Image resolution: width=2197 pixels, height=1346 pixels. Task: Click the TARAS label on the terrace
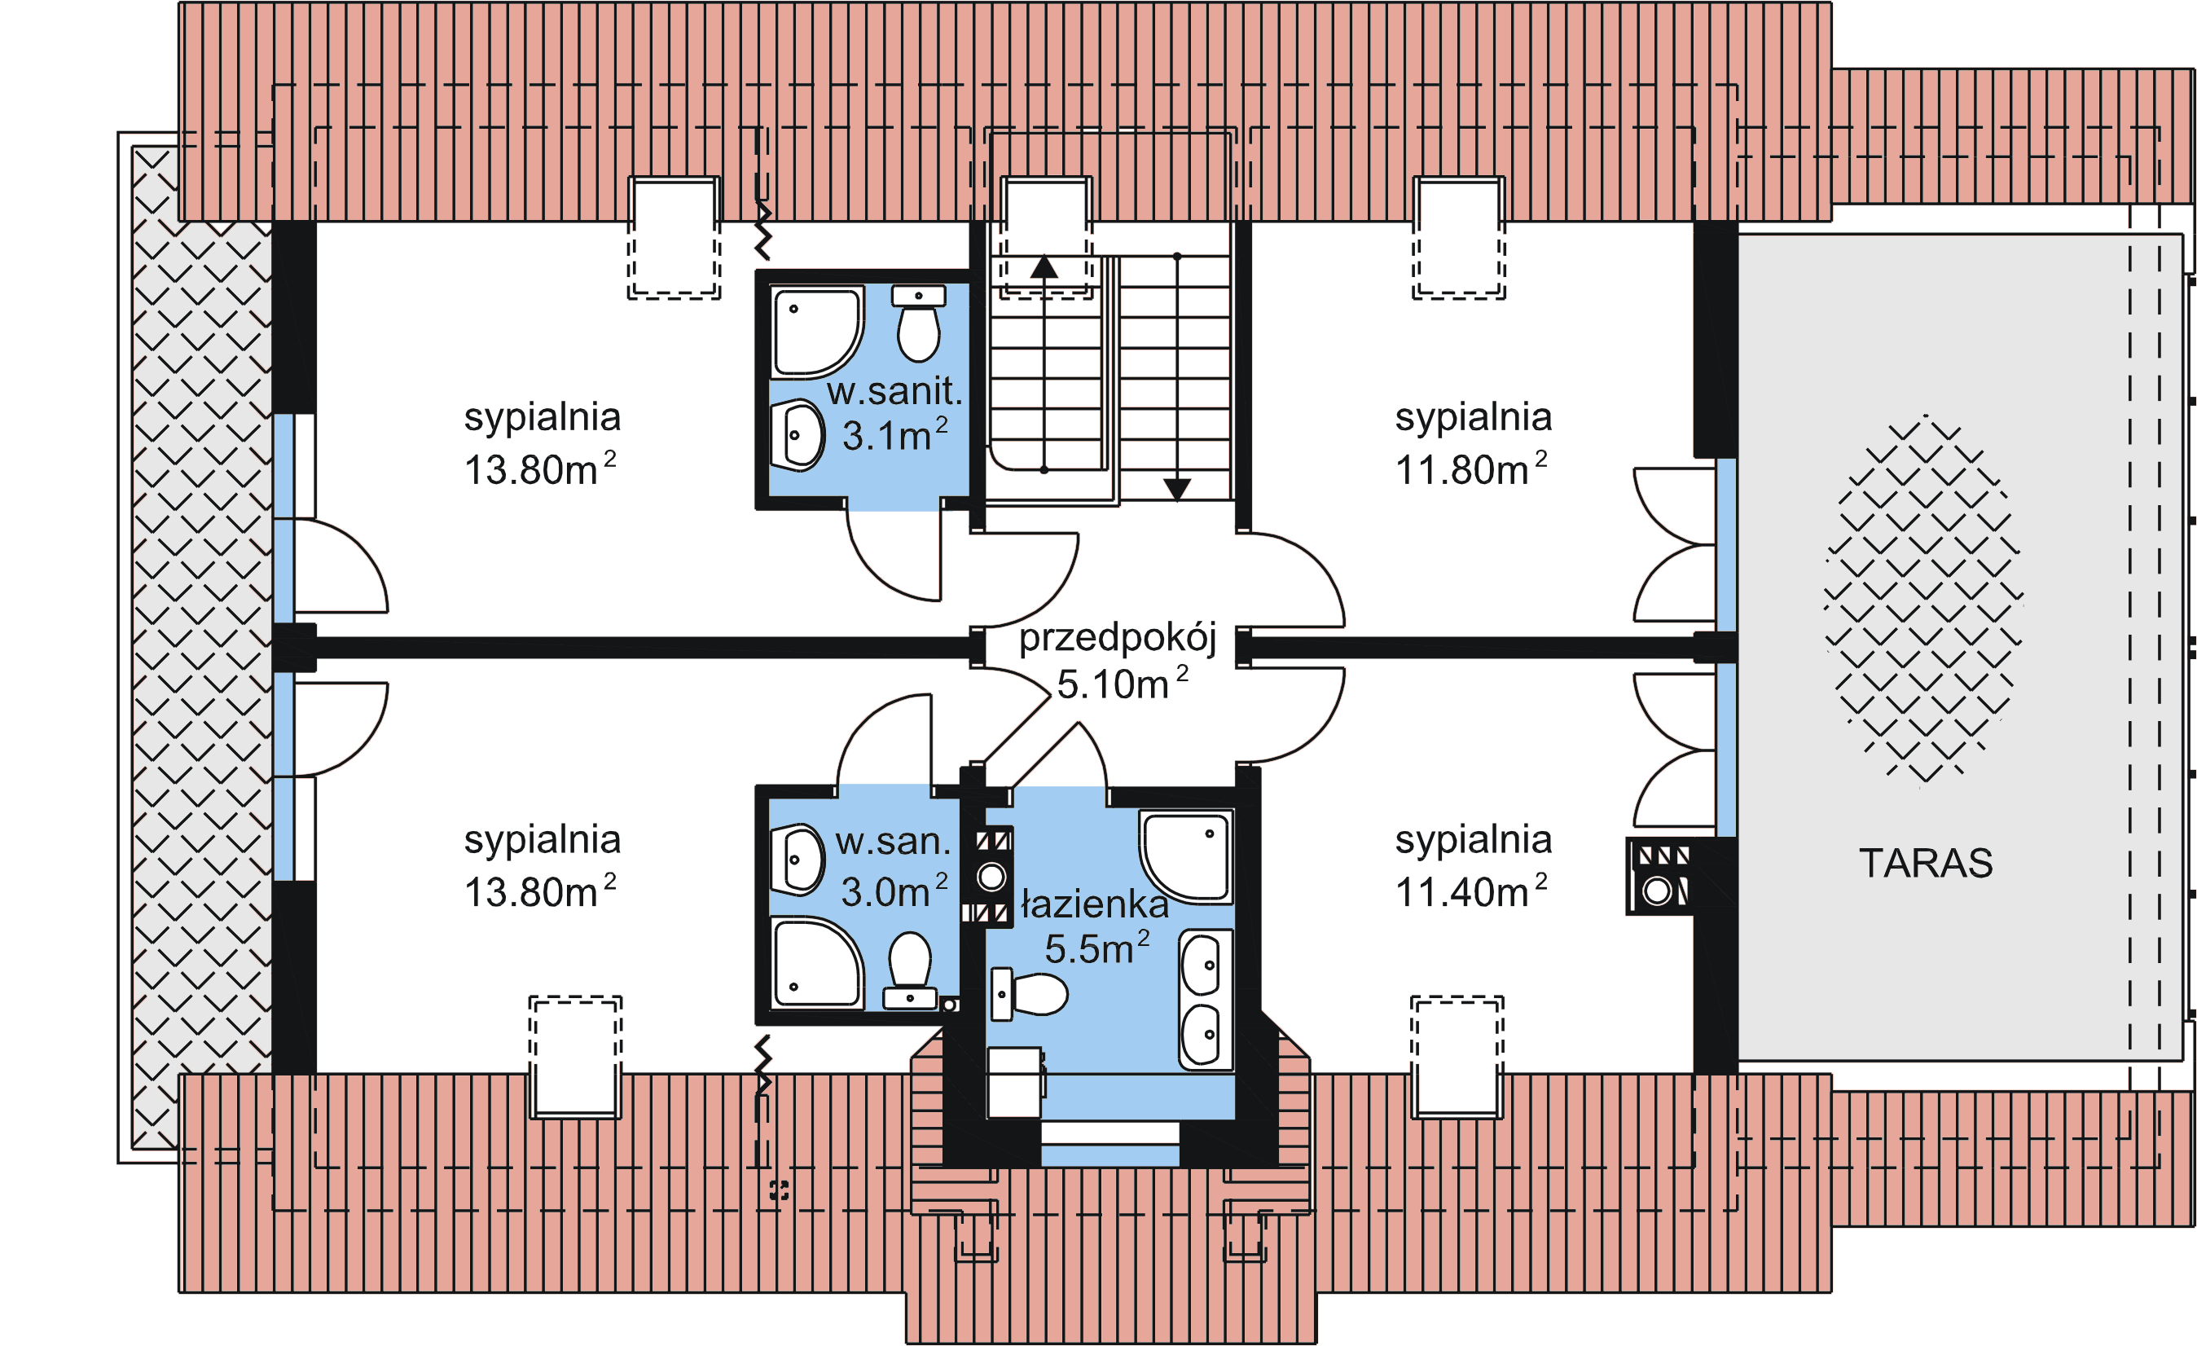pyautogui.click(x=1924, y=863)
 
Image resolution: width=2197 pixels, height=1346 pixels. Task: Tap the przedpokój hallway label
pyautogui.click(x=1116, y=638)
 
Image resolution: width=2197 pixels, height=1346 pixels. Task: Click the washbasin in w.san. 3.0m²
pyautogui.click(x=796, y=859)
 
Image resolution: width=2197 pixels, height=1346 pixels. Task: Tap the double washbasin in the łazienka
pyautogui.click(x=1205, y=999)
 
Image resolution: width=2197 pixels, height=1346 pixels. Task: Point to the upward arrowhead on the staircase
pyautogui.click(x=1044, y=266)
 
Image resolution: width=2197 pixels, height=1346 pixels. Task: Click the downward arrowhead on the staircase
pyautogui.click(x=1176, y=489)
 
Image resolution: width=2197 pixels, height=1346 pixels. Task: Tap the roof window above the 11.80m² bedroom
pyautogui.click(x=1458, y=236)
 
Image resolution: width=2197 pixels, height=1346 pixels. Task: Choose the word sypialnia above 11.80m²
pyautogui.click(x=1472, y=416)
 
